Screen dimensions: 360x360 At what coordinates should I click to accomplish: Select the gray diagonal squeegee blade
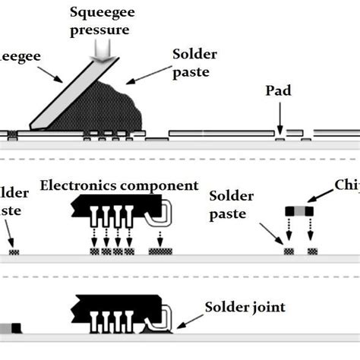tap(65, 96)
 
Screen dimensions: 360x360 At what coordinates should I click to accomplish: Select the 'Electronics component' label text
tap(119, 186)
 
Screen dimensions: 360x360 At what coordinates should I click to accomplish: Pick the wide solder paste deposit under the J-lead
tap(160, 251)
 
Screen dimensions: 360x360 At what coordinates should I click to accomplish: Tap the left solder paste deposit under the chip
tap(289, 251)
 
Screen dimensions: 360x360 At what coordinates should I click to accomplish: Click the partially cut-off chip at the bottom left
tap(10, 328)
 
